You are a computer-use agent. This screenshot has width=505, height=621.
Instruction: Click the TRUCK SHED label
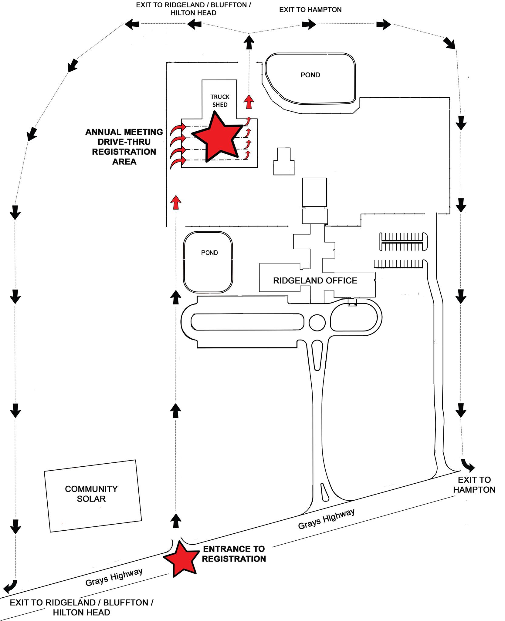220,101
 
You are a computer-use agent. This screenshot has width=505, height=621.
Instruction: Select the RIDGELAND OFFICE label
315,280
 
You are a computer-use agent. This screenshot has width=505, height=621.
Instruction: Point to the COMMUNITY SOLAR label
91,494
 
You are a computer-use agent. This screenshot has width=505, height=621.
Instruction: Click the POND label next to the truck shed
310,75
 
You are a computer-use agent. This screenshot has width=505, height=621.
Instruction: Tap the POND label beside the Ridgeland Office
209,253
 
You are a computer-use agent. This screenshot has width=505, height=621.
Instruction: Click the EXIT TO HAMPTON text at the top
310,10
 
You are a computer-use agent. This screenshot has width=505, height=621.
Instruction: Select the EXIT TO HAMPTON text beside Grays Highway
474,485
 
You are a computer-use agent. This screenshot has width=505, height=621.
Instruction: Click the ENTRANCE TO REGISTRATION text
234,554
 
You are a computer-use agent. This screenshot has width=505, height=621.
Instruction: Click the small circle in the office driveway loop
317,323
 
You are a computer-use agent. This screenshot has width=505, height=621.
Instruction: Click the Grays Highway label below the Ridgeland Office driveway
326,519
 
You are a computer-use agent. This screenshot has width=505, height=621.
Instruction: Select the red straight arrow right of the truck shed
249,102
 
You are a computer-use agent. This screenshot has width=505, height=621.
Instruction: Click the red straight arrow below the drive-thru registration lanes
176,202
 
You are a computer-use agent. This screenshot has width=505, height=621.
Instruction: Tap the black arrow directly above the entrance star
175,521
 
